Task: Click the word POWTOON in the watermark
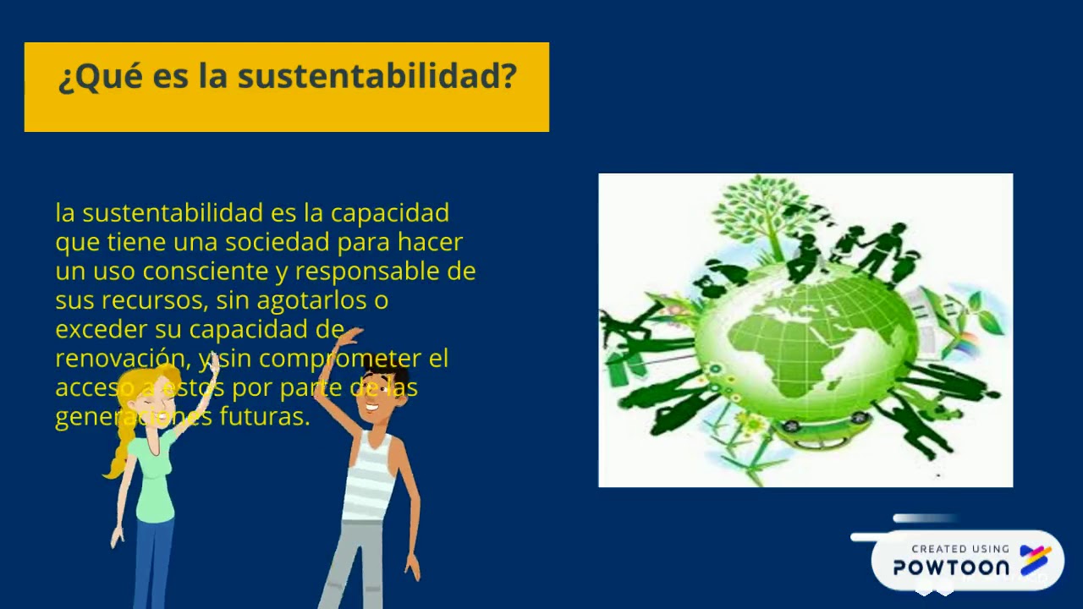[951, 568]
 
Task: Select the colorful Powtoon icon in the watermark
[1035, 560]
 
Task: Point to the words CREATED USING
[959, 549]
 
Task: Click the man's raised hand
[348, 337]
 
